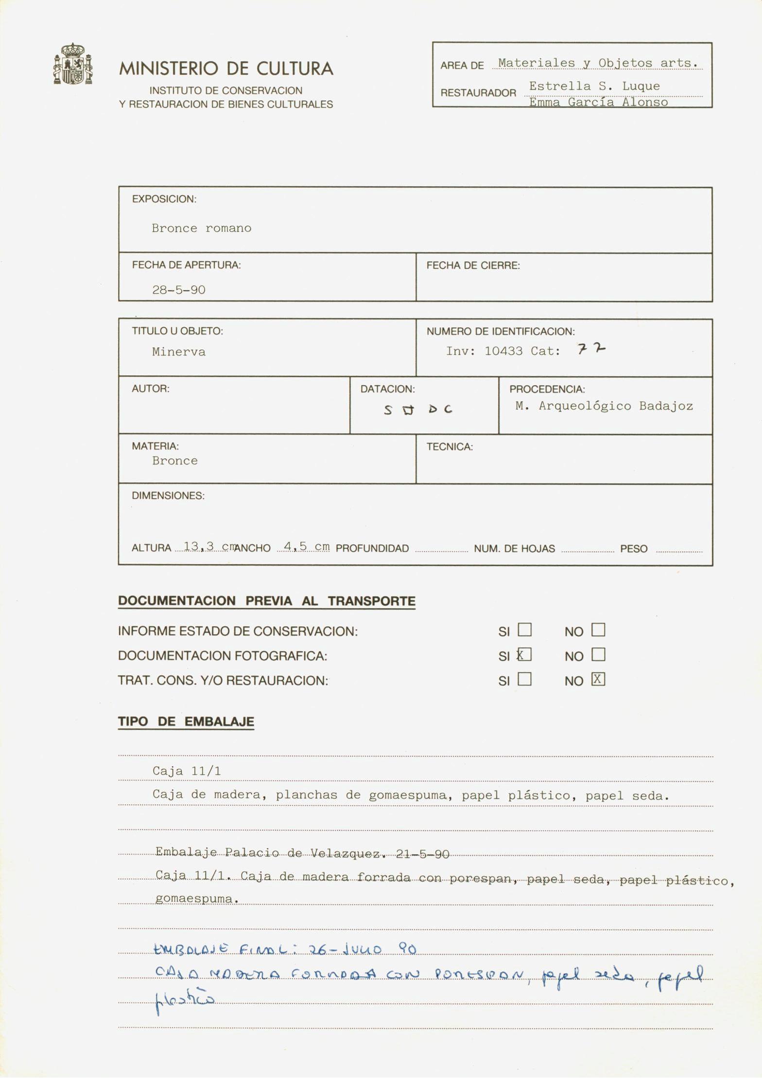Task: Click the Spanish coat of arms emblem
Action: [72, 64]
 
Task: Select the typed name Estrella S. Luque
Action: [594, 86]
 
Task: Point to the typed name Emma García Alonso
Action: [598, 102]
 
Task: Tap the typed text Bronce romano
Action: [201, 228]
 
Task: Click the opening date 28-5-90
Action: [178, 290]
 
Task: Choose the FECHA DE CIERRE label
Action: [473, 265]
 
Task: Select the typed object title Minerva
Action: [178, 352]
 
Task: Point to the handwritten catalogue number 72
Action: [591, 349]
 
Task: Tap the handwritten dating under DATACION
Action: [417, 410]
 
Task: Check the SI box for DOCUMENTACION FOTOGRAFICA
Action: [524, 654]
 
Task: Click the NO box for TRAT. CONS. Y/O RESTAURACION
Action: [598, 679]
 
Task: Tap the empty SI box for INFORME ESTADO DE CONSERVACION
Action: [524, 630]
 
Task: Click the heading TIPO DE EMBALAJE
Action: [186, 722]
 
